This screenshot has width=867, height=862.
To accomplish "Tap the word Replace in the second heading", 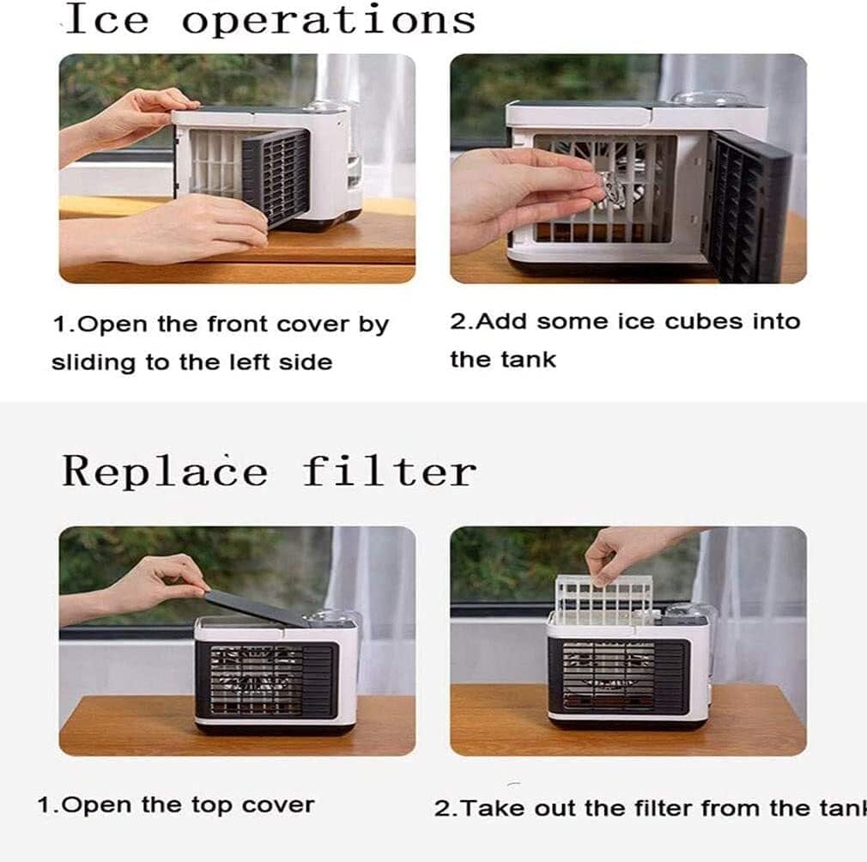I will click(165, 472).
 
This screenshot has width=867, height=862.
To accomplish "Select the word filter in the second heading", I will click(389, 471).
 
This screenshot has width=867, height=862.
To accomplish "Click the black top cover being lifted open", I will click(258, 606).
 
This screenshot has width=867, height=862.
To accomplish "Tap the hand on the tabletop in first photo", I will click(206, 224).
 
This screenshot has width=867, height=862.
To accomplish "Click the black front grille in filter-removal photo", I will click(617, 677).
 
